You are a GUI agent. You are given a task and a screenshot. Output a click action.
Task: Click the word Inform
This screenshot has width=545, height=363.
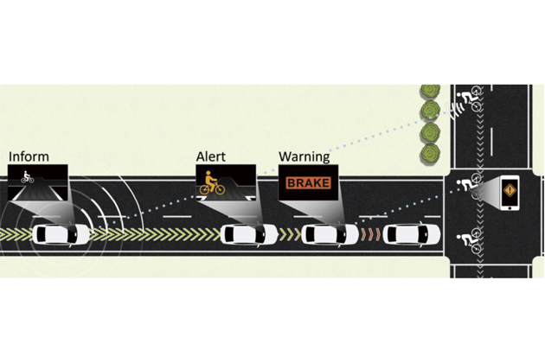coord(29,156)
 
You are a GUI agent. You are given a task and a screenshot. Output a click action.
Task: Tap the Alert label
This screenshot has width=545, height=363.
coord(210,156)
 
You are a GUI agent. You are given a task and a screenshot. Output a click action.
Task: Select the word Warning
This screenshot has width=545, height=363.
coord(305,157)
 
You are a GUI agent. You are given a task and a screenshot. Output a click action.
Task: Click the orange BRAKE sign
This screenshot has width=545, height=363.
coord(308,182)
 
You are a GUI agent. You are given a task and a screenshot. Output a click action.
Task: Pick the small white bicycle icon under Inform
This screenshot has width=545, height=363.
coord(27,177)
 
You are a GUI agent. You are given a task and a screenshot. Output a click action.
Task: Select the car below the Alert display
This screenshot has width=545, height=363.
coord(249,233)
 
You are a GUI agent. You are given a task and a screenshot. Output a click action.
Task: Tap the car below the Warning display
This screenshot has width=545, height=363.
coord(330,233)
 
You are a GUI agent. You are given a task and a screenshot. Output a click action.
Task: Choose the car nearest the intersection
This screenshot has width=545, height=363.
coord(412,233)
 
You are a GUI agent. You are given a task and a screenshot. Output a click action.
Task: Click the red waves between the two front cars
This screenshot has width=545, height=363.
coord(370,234)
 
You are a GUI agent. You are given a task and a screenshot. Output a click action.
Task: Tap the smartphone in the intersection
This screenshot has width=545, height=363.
coord(510,193)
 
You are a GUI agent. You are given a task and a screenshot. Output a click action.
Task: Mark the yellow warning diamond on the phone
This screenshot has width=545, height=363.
coord(510,190)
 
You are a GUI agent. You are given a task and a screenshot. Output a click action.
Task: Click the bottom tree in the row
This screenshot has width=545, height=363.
coord(430,153)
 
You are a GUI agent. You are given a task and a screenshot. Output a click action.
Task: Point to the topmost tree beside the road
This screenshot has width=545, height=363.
coord(430,92)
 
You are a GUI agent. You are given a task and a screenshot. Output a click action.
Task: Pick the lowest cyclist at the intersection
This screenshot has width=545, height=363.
coord(469,242)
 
